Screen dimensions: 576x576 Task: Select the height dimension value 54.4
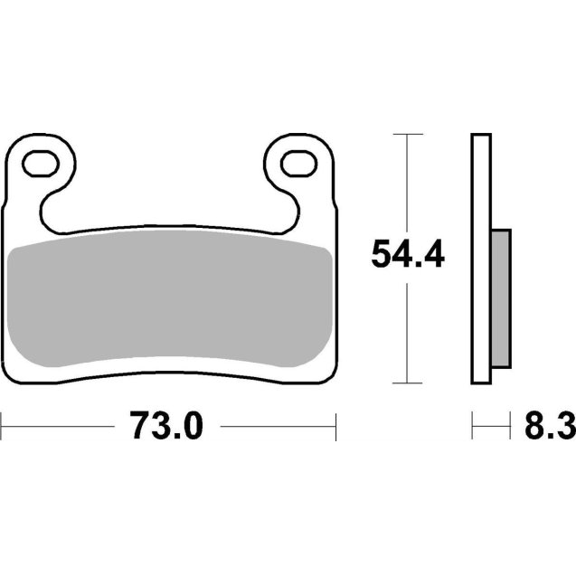click(408, 257)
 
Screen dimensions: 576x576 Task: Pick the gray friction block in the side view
click(500, 299)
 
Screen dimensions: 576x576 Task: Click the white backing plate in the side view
click(480, 262)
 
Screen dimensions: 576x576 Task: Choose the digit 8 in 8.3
click(524, 425)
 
